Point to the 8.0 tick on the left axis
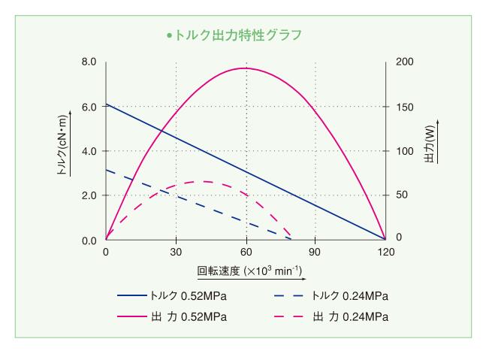click(x=89, y=62)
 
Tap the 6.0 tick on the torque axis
click(x=89, y=107)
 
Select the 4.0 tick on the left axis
click(x=89, y=151)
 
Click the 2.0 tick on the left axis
click(x=89, y=195)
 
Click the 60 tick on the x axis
click(x=246, y=253)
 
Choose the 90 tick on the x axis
click(x=315, y=253)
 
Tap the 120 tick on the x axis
click(x=385, y=253)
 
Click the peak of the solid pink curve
click(x=246, y=68)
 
